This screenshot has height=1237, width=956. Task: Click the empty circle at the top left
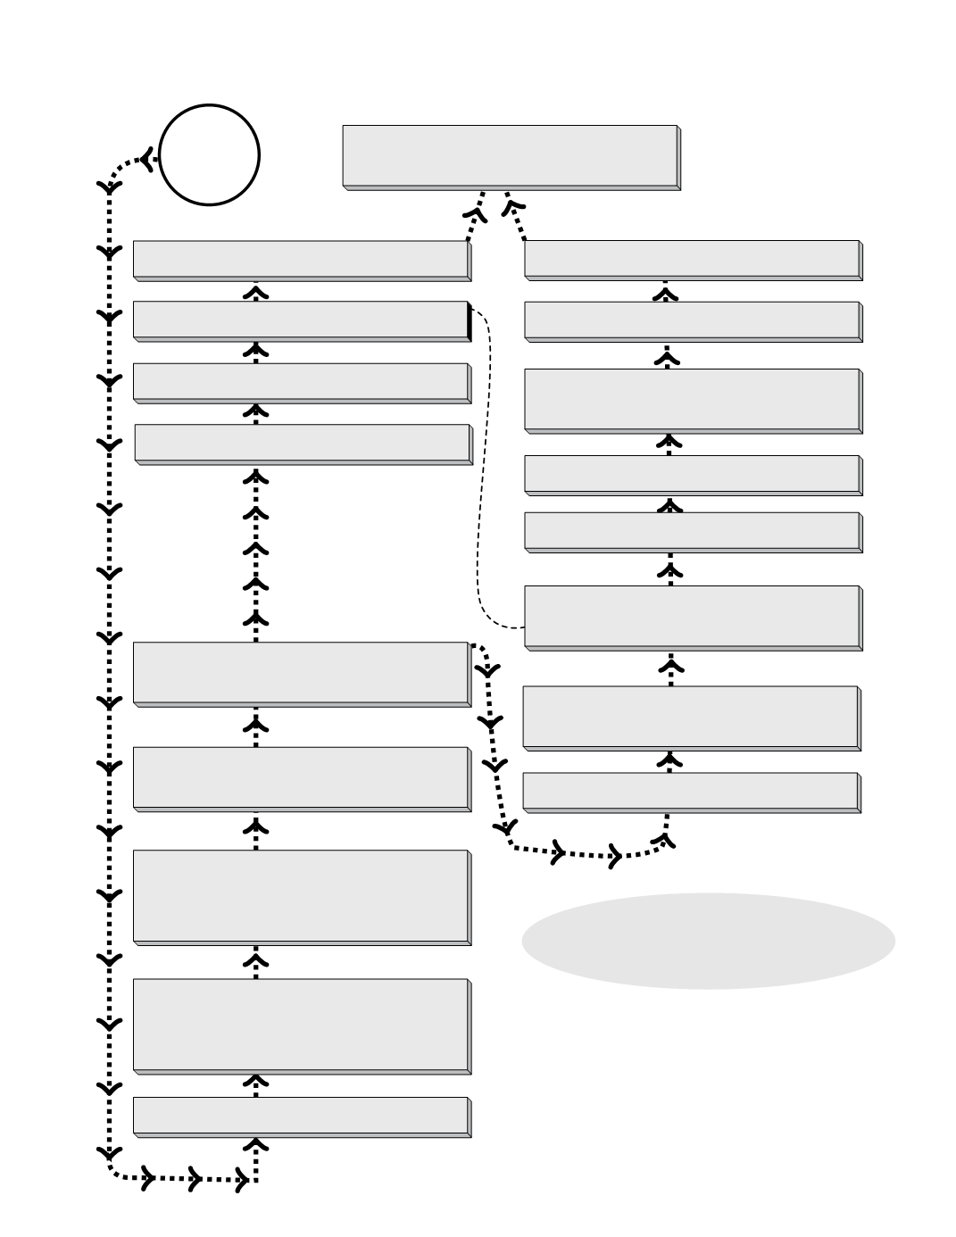(209, 155)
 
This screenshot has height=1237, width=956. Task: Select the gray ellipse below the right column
(708, 941)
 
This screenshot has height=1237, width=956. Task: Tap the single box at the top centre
(510, 156)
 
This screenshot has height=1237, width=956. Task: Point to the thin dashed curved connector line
(483, 464)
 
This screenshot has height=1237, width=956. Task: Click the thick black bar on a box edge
(470, 320)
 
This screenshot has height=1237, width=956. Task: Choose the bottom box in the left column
(301, 1116)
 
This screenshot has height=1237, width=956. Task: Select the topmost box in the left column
(301, 259)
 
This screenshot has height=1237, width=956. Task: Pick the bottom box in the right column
(690, 791)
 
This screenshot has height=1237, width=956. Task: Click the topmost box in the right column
(692, 259)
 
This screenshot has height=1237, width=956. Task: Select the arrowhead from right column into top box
(512, 208)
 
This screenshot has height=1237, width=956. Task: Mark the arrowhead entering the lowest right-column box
(662, 838)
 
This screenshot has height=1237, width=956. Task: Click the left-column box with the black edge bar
(301, 320)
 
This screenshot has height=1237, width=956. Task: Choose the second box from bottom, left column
(301, 1025)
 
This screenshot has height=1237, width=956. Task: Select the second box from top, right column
(692, 320)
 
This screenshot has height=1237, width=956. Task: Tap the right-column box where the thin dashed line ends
(692, 617)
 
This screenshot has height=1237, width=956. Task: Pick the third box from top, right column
(692, 400)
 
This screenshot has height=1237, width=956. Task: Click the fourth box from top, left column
(303, 443)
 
